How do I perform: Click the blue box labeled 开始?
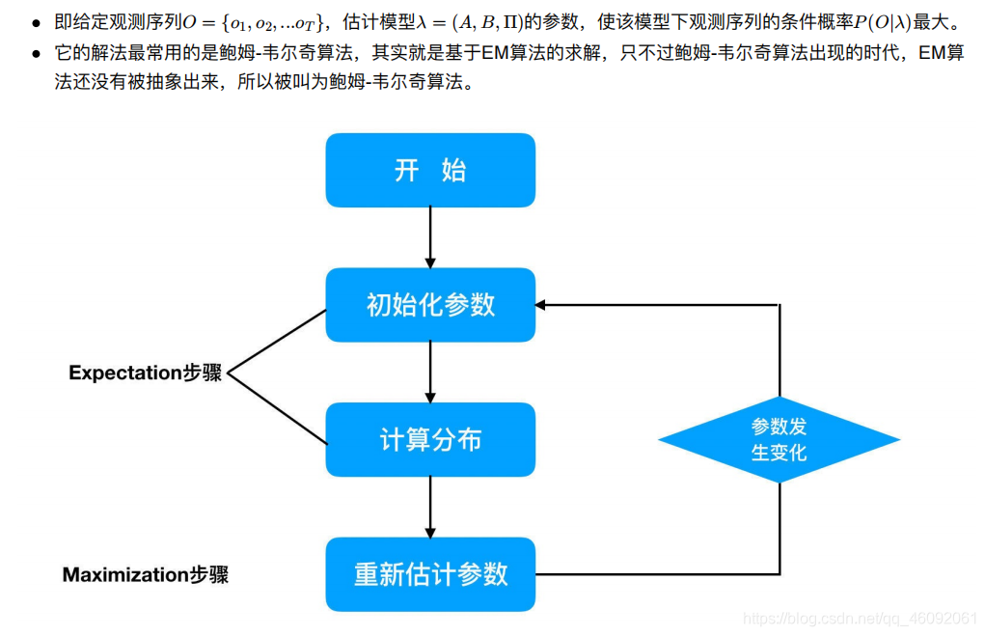click(x=430, y=170)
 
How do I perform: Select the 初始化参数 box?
click(x=430, y=305)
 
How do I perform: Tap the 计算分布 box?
click(x=430, y=440)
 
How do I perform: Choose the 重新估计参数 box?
click(x=430, y=574)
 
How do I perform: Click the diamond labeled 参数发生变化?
click(x=779, y=440)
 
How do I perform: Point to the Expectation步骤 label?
click(x=145, y=373)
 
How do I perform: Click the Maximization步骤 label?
click(x=145, y=575)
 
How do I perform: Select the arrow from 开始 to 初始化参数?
click(x=430, y=237)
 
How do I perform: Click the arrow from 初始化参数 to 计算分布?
click(x=430, y=373)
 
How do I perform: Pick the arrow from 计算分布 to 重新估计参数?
click(x=430, y=507)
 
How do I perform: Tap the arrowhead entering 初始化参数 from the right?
click(x=542, y=305)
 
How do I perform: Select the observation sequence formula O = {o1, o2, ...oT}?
click(x=251, y=22)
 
